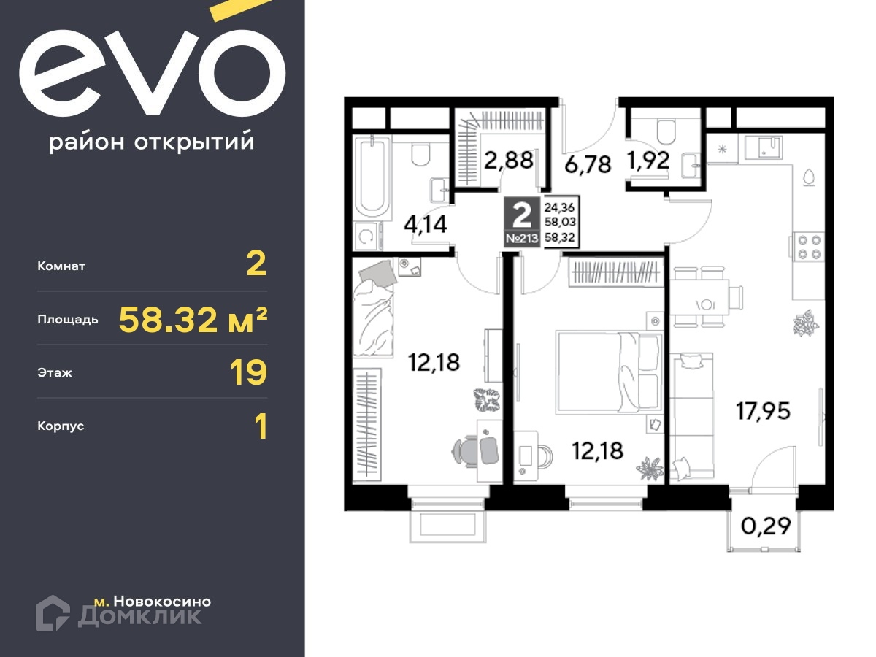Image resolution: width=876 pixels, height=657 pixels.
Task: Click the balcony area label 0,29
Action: pyautogui.click(x=766, y=526)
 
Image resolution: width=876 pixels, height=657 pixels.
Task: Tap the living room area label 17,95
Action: pyautogui.click(x=763, y=411)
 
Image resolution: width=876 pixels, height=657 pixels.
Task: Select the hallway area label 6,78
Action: pyautogui.click(x=588, y=164)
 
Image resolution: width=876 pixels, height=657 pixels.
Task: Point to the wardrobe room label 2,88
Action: pyautogui.click(x=508, y=161)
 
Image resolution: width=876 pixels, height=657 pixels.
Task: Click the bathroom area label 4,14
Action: pyautogui.click(x=426, y=224)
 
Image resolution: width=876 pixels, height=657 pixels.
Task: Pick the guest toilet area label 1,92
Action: pyautogui.click(x=648, y=161)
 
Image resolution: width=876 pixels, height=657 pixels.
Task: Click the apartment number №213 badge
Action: pyautogui.click(x=522, y=239)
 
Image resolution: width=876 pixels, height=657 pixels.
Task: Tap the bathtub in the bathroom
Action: pyautogui.click(x=372, y=177)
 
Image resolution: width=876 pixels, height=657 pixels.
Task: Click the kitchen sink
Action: pyautogui.click(x=765, y=147)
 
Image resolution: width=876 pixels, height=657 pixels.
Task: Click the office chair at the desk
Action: pyautogui.click(x=475, y=451)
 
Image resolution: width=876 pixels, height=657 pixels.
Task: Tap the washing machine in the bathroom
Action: pyautogui.click(x=366, y=237)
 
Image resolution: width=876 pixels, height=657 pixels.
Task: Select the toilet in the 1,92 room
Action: pyautogui.click(x=666, y=131)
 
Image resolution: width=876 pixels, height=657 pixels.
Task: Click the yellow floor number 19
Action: pyautogui.click(x=248, y=372)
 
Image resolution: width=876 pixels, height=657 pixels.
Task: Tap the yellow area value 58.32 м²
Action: pyautogui.click(x=193, y=319)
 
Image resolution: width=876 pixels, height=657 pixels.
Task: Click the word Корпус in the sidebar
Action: pyautogui.click(x=61, y=426)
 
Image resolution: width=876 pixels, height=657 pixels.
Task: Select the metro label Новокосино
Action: pyautogui.click(x=162, y=601)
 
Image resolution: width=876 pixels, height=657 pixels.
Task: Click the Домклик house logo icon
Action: pyautogui.click(x=53, y=612)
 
